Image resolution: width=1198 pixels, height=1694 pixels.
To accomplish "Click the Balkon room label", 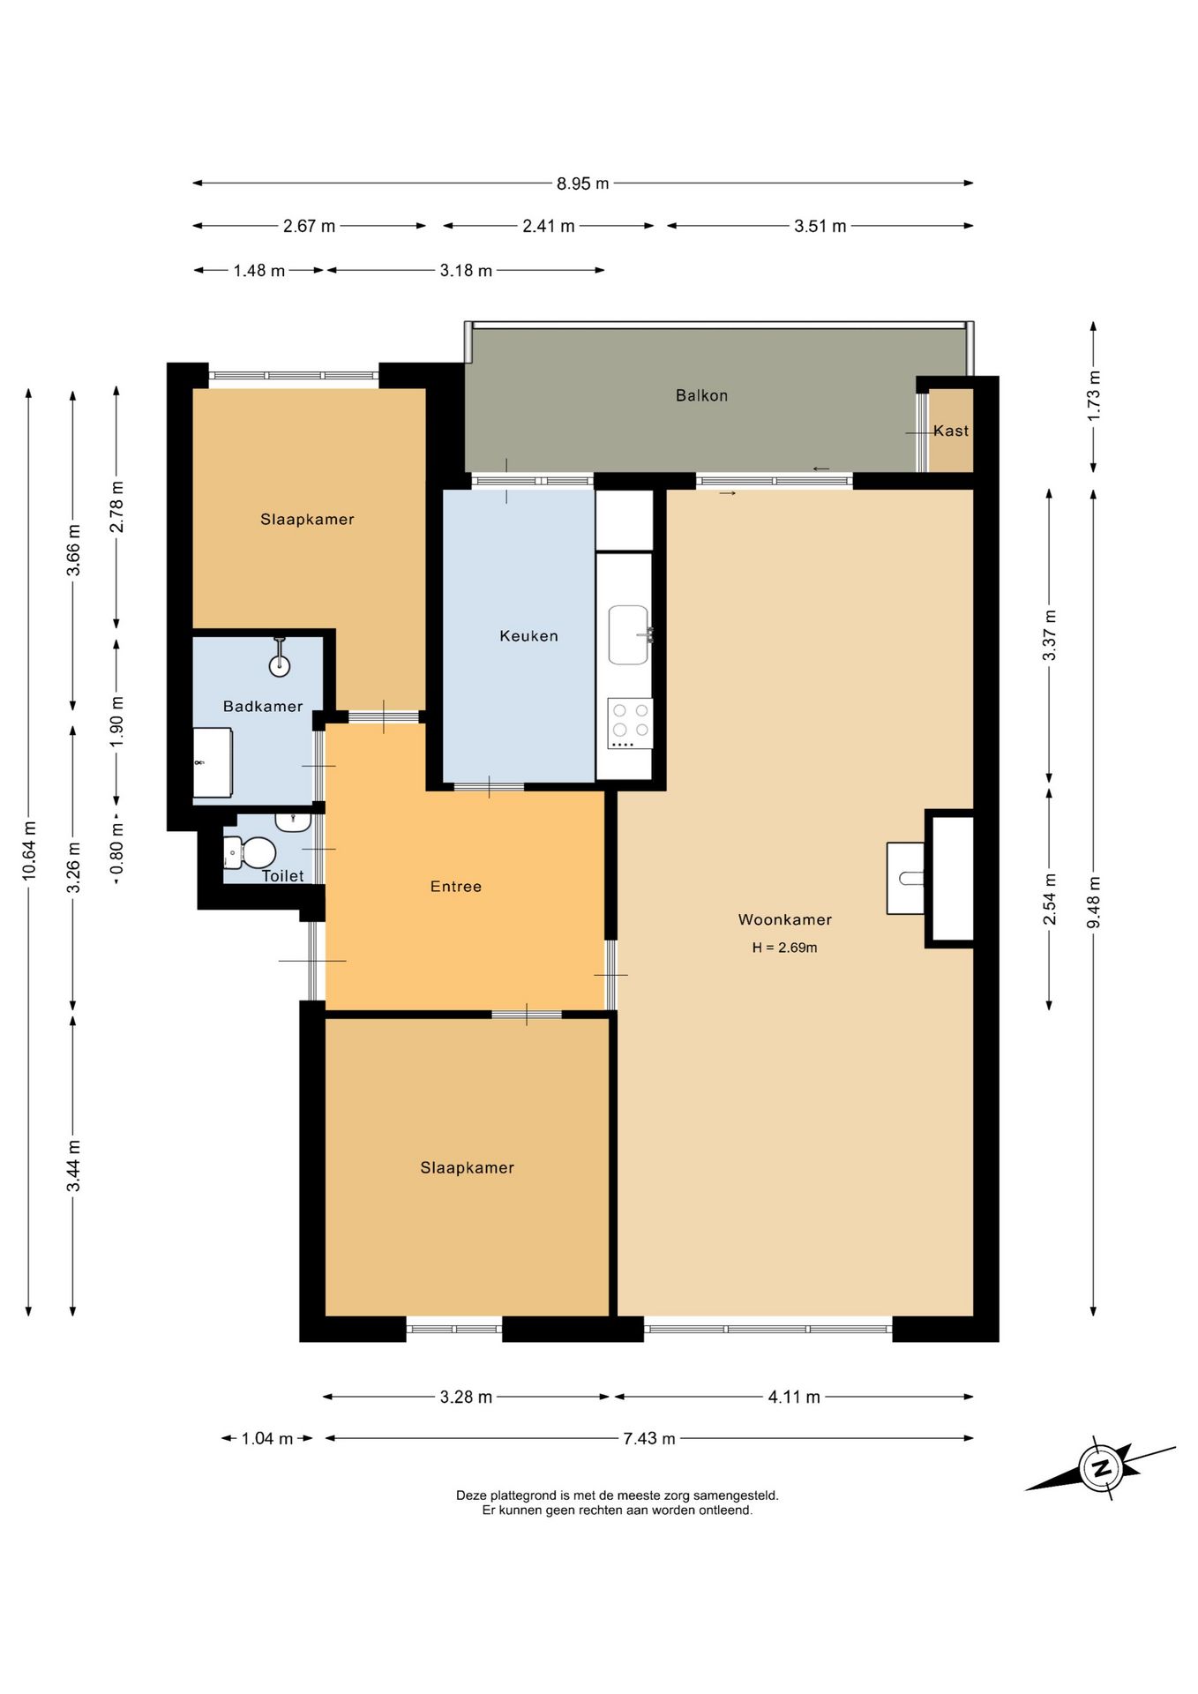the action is point(701,395).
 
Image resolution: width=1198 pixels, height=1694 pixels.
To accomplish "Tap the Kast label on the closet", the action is point(951,431).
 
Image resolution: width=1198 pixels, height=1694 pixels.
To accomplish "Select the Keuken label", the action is point(528,636).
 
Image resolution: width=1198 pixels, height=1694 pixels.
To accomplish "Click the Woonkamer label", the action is point(785,919).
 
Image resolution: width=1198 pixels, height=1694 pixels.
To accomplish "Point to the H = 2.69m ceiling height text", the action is point(784,948).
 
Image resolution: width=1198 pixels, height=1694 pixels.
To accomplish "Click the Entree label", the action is point(456,887).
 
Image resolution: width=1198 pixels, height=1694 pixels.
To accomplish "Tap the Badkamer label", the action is point(263,707).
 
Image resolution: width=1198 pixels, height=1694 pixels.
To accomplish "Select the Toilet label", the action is point(283,876).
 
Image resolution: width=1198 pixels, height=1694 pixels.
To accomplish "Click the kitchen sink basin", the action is point(629,635).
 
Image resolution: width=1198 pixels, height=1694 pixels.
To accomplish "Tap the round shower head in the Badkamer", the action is point(280,665).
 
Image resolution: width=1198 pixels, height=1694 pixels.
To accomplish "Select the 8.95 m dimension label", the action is point(582,184).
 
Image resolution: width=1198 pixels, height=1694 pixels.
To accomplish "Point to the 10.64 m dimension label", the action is point(29,851).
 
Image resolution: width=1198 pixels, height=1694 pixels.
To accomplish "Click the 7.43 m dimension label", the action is point(649,1438).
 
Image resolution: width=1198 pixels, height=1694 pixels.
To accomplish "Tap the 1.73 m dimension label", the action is point(1094,395).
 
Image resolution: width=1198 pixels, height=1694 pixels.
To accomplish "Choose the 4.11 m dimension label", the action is point(794,1397).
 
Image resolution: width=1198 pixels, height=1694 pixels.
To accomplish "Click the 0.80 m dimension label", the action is point(117,853).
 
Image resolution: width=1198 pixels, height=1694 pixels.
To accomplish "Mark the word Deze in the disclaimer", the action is point(471,1495).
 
